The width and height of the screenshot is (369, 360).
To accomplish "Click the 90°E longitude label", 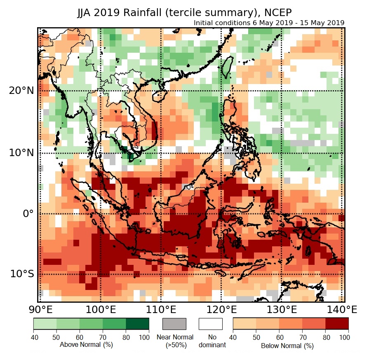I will [x=40, y=309].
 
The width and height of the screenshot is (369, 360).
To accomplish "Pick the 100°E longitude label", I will [x=100, y=309].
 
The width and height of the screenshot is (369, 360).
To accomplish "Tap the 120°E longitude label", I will [x=221, y=309].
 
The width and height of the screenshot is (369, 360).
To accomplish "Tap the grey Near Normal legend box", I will [x=175, y=324].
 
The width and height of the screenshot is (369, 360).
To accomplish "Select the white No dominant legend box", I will [x=210, y=324].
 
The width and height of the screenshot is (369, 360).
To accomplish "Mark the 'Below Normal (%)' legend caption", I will [x=287, y=346].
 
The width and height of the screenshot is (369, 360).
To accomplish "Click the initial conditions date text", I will [x=269, y=23].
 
